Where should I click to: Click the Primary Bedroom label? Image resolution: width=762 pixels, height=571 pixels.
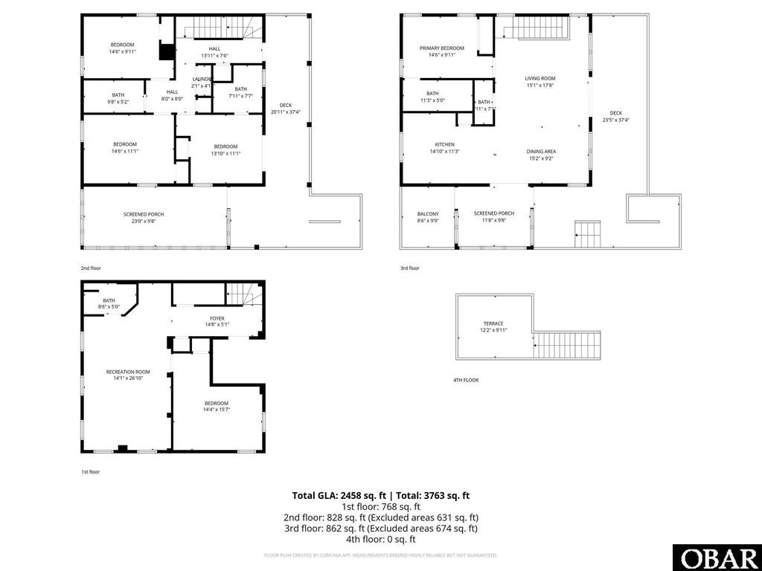point(446,48)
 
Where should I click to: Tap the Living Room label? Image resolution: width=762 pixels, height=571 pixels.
point(540,78)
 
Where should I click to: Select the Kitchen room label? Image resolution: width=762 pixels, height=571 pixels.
point(444,144)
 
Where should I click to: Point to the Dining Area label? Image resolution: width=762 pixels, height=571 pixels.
point(541,151)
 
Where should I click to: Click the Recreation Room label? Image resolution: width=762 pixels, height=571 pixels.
point(128,372)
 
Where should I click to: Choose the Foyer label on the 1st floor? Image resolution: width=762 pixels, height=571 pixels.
point(217,318)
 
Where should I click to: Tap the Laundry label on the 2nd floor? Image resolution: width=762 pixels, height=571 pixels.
point(202,79)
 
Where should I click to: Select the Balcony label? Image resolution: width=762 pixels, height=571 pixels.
point(428,213)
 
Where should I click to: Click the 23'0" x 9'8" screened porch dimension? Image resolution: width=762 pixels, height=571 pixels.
point(144,221)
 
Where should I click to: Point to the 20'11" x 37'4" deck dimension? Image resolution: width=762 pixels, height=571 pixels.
point(286,112)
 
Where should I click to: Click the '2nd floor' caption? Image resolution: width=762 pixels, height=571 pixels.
point(90,268)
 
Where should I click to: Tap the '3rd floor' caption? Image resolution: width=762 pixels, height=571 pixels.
point(410,268)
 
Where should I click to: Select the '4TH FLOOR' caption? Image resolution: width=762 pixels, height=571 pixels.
point(466,380)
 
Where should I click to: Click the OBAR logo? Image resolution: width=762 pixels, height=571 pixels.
point(717,557)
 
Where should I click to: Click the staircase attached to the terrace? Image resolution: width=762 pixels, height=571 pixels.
point(568,345)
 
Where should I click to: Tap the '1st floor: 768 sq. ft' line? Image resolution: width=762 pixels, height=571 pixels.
point(380,506)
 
